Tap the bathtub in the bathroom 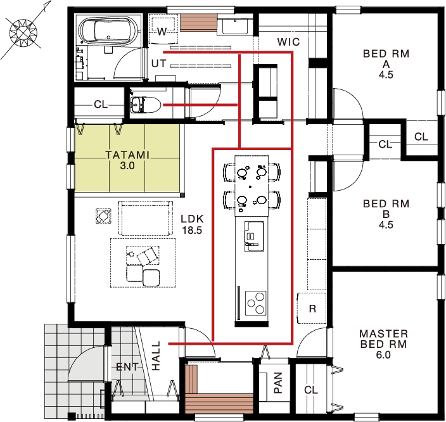point(108,30)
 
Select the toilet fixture point(145,105)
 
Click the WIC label point(288,42)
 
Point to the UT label point(159,64)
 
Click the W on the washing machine point(162,31)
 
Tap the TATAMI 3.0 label point(127,160)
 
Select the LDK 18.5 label point(193,224)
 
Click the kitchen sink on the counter point(254,236)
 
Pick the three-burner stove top point(255,303)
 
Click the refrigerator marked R point(312,308)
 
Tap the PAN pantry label point(278,383)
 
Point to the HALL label point(156,355)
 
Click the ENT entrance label point(127,367)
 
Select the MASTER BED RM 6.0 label point(383,344)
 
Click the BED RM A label point(386,64)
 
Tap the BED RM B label point(386,214)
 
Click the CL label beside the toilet point(101,105)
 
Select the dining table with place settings point(252,186)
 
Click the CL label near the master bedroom point(310,390)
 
